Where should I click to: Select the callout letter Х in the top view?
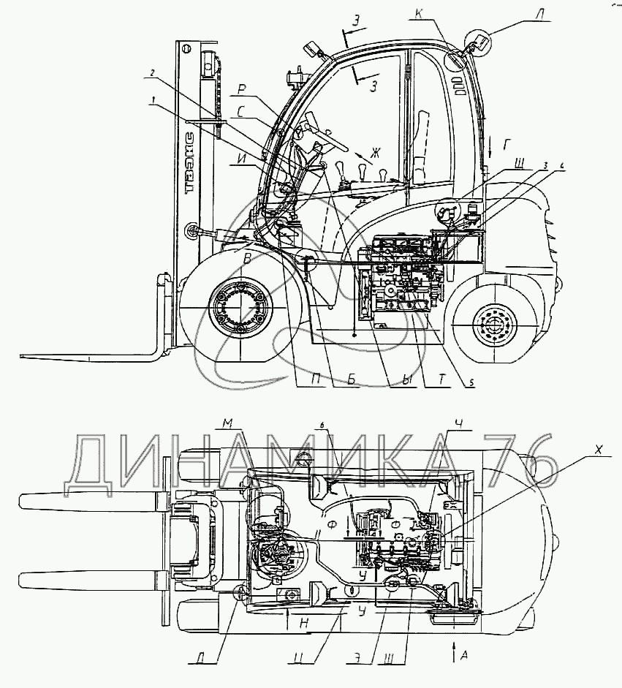(599, 451)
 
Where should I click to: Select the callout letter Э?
(354, 656)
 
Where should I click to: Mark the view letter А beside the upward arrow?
(464, 655)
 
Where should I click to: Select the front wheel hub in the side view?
(238, 307)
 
